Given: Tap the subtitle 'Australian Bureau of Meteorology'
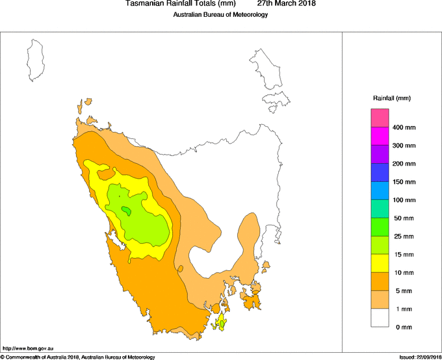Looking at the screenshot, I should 220,15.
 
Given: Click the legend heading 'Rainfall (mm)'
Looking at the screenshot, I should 391,98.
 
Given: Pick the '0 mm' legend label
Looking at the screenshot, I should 404,327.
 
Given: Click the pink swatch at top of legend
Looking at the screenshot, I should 380,118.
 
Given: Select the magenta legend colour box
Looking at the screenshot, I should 380,136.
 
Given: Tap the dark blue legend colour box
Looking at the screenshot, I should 380,173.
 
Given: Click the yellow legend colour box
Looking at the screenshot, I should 380,263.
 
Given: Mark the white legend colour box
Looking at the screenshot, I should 380,318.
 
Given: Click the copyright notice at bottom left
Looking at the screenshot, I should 78,357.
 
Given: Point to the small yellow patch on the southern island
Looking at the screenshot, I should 223,322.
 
